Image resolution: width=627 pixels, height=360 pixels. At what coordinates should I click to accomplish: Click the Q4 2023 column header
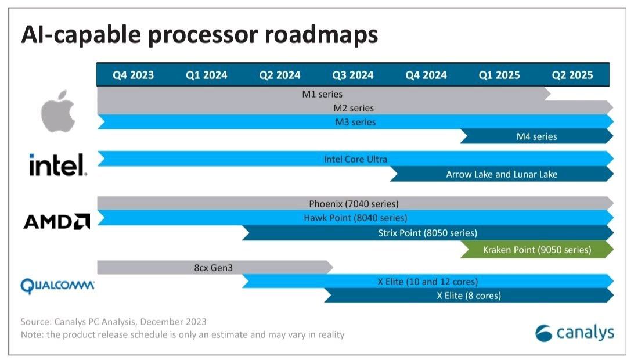[133, 75]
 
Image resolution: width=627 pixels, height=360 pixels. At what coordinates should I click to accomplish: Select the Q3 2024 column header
[352, 75]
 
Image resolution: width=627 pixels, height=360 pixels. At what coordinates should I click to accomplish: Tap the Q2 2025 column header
[572, 75]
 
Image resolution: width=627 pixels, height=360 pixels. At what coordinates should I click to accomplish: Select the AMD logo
[56, 221]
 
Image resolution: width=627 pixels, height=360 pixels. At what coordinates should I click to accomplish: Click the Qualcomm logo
[57, 286]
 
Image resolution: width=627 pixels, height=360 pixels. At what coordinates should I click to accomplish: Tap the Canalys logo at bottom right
[574, 333]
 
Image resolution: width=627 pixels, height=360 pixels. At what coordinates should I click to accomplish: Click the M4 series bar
[536, 136]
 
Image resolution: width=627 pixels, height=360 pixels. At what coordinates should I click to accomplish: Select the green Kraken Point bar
[536, 250]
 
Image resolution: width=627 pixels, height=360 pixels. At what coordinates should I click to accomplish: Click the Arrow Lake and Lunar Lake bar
[502, 174]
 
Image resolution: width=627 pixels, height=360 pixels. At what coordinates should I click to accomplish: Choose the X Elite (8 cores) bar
[469, 296]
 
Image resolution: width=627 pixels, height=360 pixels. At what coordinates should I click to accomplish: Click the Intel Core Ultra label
[355, 159]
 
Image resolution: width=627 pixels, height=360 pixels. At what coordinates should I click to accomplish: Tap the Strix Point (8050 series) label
[427, 233]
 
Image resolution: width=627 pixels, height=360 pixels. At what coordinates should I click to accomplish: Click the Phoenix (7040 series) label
[354, 204]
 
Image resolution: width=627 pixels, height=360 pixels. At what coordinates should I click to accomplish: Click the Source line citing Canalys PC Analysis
[113, 321]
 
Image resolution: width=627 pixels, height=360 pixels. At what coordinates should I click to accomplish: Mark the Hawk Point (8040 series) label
[355, 218]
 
